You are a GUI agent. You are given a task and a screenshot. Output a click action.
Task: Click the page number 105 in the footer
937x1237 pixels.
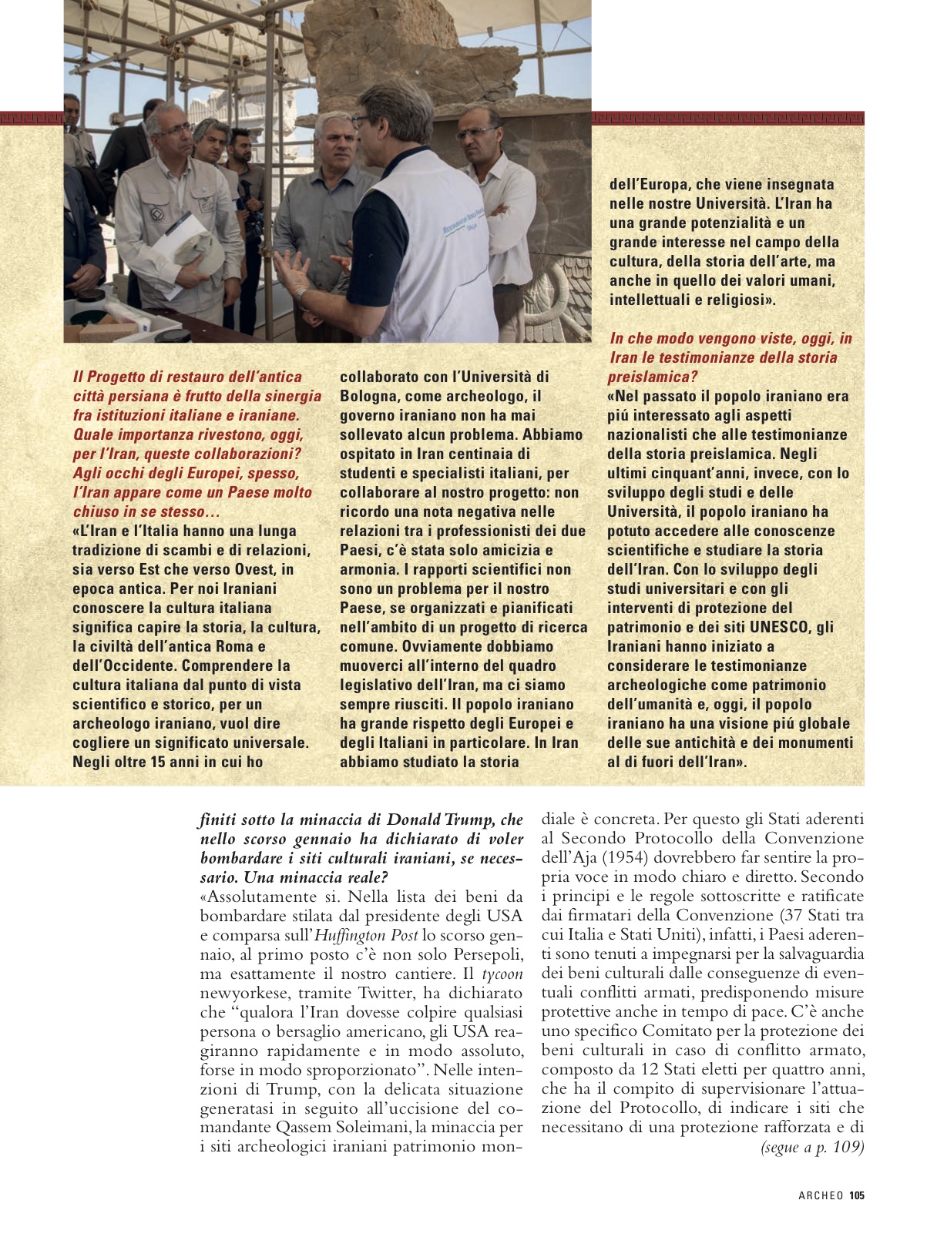point(857,1196)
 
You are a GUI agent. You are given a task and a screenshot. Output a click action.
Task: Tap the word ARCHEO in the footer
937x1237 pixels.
point(821,1196)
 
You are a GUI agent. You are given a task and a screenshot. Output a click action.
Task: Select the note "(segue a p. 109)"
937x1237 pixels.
point(812,1147)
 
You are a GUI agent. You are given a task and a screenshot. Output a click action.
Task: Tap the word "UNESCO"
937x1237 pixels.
point(780,627)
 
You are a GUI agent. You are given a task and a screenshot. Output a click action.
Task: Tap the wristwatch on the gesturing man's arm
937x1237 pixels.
point(302,293)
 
